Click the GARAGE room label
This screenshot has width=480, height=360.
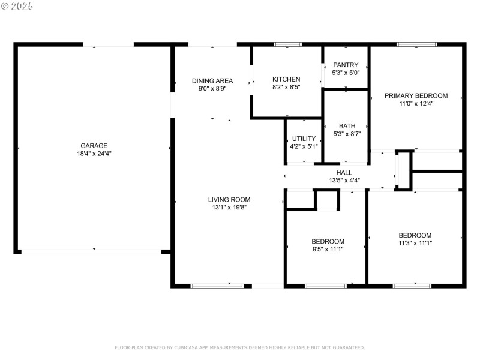click(94, 146)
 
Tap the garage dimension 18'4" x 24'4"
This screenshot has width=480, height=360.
click(94, 154)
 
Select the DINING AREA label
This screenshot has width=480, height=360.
click(212, 81)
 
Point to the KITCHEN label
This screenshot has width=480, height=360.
click(286, 79)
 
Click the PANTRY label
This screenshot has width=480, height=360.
click(346, 65)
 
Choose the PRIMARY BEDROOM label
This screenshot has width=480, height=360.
click(416, 95)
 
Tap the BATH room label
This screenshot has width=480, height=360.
click(347, 126)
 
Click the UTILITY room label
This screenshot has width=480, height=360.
click(304, 139)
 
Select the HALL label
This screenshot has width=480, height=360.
click(344, 172)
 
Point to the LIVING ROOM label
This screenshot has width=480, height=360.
click(229, 200)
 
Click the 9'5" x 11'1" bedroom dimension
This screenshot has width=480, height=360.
click(328, 249)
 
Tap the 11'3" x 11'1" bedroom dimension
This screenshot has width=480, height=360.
click(415, 243)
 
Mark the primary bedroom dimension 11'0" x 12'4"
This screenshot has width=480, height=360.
click(416, 103)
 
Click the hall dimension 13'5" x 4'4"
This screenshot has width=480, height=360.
click(344, 180)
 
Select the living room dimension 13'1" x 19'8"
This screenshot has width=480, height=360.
click(229, 208)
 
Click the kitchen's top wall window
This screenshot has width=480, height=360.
click(287, 44)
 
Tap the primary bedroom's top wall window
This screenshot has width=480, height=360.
click(416, 44)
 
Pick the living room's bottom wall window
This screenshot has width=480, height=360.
click(217, 286)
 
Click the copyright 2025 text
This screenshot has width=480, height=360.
click(18, 6)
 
